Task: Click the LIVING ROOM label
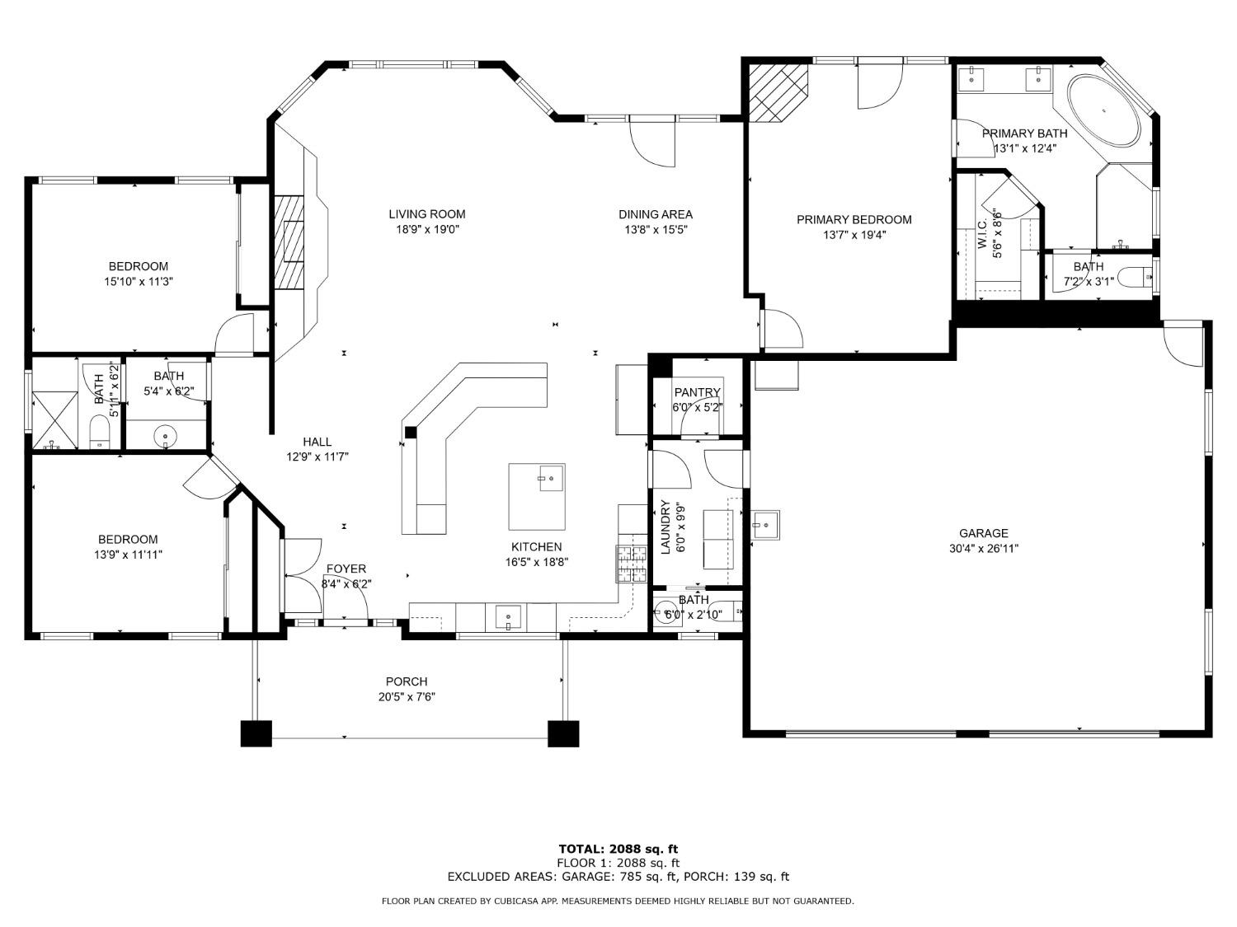pos(426,214)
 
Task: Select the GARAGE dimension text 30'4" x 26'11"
pos(983,548)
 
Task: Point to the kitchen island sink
pos(552,478)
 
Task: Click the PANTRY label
pos(697,391)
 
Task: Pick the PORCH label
pos(407,681)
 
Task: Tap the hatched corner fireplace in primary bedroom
pos(778,93)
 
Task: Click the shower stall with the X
pos(54,420)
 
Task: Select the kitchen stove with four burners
pos(631,564)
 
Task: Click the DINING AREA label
pos(656,214)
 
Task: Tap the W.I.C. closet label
pos(982,233)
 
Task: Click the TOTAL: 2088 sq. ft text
pos(618,849)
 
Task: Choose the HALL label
pos(317,442)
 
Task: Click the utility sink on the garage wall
pos(765,525)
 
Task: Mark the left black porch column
pos(256,733)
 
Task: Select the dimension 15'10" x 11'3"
pos(138,282)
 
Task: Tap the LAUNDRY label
pos(666,527)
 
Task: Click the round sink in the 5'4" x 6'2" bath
pos(165,436)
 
